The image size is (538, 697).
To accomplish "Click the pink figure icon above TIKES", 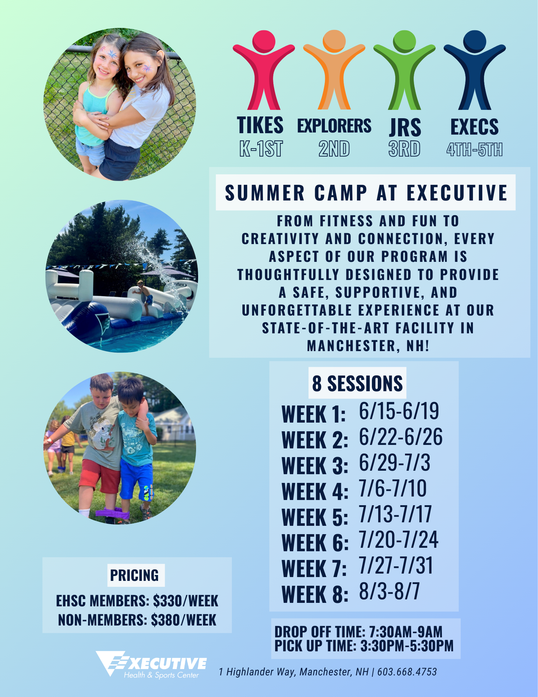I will click(264, 70).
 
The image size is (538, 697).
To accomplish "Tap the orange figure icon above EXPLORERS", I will click(334, 70).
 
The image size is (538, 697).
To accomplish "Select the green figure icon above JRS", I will click(404, 70).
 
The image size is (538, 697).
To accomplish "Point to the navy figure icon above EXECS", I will click(475, 70).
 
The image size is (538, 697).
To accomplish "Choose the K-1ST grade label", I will click(261, 149).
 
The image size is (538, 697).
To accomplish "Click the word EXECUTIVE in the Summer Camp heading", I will click(457, 193).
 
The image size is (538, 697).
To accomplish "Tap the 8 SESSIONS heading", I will click(357, 383).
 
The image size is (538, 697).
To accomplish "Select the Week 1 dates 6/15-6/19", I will click(399, 411).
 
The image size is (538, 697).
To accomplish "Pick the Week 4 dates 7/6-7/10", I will click(393, 488).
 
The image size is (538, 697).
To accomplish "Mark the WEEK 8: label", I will click(315, 594).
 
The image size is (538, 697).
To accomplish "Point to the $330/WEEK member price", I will click(186, 601).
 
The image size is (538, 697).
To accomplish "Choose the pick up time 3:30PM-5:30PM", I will click(407, 646).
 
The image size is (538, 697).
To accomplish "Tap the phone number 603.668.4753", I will click(407, 672).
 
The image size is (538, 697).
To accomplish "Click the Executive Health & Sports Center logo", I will click(151, 665).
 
